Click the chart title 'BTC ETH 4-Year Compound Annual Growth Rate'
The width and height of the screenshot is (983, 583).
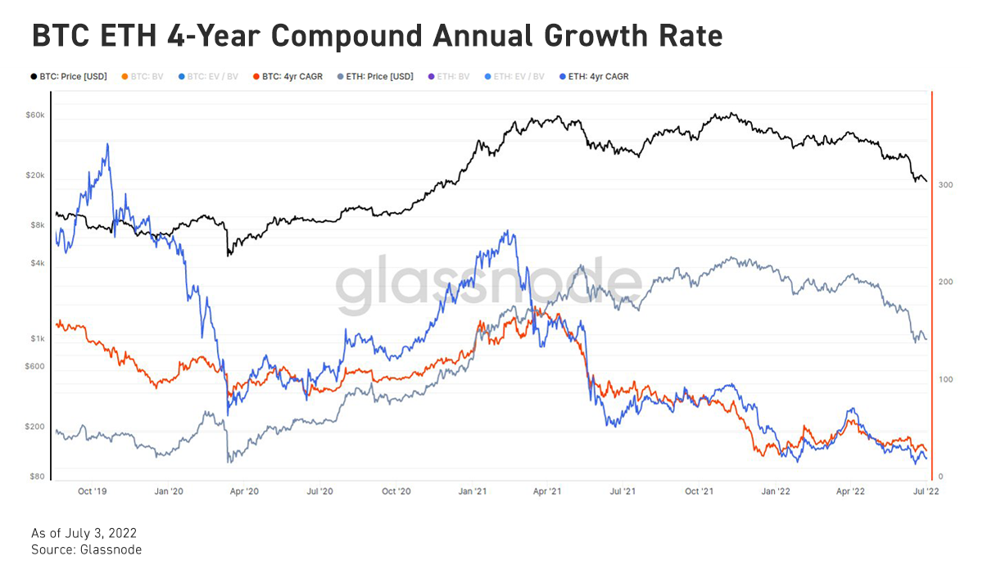tap(377, 36)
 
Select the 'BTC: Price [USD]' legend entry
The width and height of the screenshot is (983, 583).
tap(69, 76)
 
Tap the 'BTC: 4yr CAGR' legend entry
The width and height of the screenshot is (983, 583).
tap(288, 76)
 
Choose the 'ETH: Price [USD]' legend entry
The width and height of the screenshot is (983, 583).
tap(374, 76)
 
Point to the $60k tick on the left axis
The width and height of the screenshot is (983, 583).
tap(35, 115)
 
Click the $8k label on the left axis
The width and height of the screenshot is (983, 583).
tap(38, 224)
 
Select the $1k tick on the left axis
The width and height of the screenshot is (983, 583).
tap(38, 338)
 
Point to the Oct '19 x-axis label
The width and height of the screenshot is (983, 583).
tap(92, 491)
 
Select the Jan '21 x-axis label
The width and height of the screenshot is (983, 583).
tap(473, 491)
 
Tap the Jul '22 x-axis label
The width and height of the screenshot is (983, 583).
tap(926, 491)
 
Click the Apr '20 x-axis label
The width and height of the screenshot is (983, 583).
tap(244, 491)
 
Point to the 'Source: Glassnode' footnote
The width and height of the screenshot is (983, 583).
tap(86, 549)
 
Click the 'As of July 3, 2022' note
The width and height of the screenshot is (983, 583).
tap(84, 533)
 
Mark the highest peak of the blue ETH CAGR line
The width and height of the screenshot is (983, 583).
tap(107, 144)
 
